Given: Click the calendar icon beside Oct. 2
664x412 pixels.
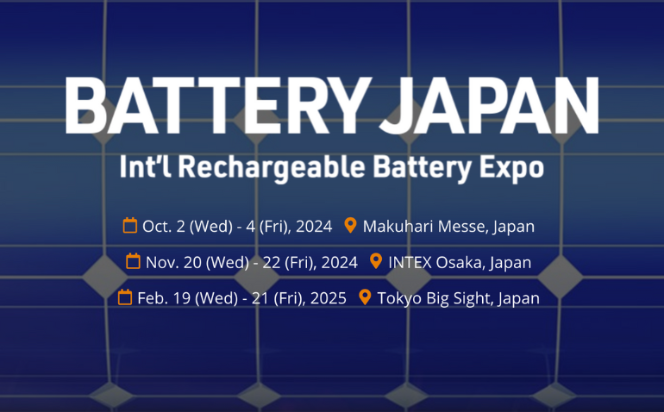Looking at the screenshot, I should click(130, 226).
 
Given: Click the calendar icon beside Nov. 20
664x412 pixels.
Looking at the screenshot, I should click(134, 261).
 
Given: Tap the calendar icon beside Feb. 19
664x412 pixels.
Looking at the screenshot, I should click(125, 297).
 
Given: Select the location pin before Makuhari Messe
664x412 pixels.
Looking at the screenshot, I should click(350, 226).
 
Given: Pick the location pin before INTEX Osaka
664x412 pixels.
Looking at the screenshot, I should click(375, 261).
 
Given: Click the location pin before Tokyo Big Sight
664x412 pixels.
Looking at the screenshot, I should click(365, 297).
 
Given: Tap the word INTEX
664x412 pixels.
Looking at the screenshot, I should click(410, 262).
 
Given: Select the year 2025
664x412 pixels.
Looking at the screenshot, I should click(329, 298).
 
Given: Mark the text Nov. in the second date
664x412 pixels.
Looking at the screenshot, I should click(162, 262).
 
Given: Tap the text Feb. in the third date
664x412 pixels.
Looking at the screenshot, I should click(153, 298).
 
